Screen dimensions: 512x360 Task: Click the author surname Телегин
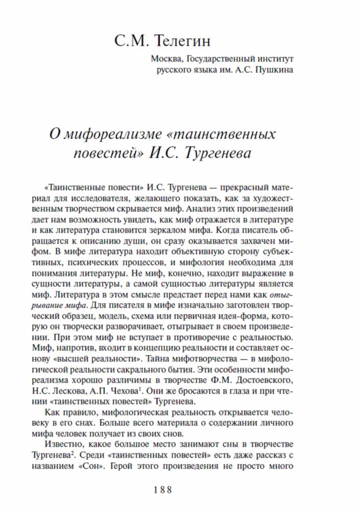click(184, 41)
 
